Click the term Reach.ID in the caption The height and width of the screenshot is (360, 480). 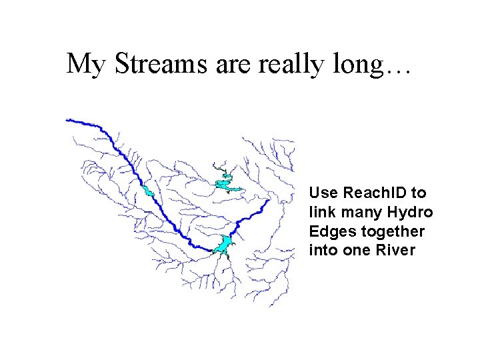coord(375,193)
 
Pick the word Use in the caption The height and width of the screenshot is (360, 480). coord(325,193)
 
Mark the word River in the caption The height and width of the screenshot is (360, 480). coord(397,251)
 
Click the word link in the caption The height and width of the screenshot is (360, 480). coord(321,213)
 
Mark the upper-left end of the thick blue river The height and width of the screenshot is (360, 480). coord(68,120)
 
